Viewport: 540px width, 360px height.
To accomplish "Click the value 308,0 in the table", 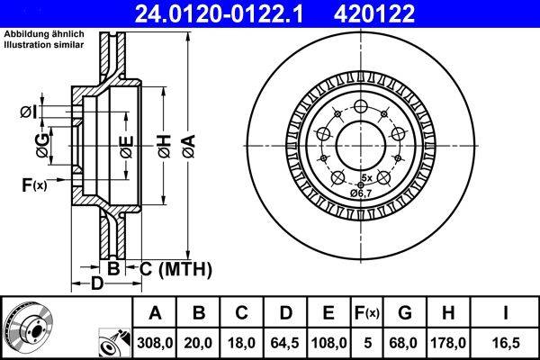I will point(155,342).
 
